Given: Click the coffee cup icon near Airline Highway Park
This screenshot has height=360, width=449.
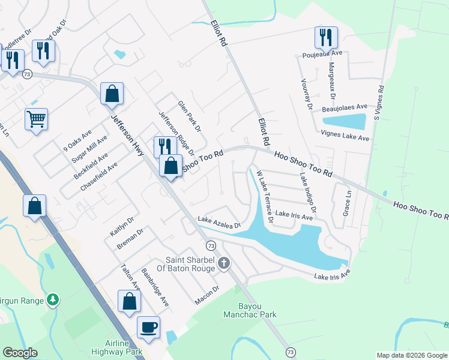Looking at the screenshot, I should point(148,328).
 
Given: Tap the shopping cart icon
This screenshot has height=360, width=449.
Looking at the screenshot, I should point(37,119).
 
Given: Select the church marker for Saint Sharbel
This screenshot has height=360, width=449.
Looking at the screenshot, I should point(224,263).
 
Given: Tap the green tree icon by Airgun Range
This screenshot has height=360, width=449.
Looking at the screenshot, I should point(53,299).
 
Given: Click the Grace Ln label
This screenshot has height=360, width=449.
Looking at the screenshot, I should point(346,204).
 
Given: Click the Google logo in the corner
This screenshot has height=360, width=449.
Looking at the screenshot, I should point(20,353).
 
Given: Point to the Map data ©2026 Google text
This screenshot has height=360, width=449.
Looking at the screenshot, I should point(412,355).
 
